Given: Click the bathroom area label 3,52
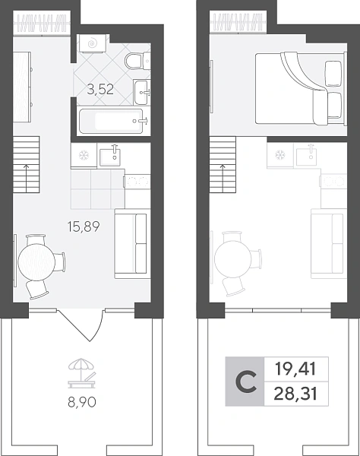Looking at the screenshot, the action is (100, 89).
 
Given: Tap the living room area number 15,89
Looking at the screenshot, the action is (84, 226).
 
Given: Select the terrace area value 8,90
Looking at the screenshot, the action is (82, 402).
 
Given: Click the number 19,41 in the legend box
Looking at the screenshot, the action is (295, 369).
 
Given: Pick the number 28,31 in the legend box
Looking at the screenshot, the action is (295, 394).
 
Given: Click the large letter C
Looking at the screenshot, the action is (246, 382).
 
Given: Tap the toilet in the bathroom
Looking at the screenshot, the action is (137, 61).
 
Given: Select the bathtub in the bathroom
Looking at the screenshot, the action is (111, 121).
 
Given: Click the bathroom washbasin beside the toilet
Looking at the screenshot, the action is (142, 92).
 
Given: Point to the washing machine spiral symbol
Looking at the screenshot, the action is (93, 43).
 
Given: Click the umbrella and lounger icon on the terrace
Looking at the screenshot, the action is (82, 373).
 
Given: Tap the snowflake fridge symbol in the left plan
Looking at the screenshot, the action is (84, 155).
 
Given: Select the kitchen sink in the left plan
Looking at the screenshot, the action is (110, 157).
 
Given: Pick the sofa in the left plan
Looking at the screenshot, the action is (132, 244).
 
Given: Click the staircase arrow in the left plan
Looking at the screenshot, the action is (27, 178).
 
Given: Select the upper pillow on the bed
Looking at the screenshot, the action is (333, 74).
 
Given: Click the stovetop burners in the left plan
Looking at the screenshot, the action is (137, 182).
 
